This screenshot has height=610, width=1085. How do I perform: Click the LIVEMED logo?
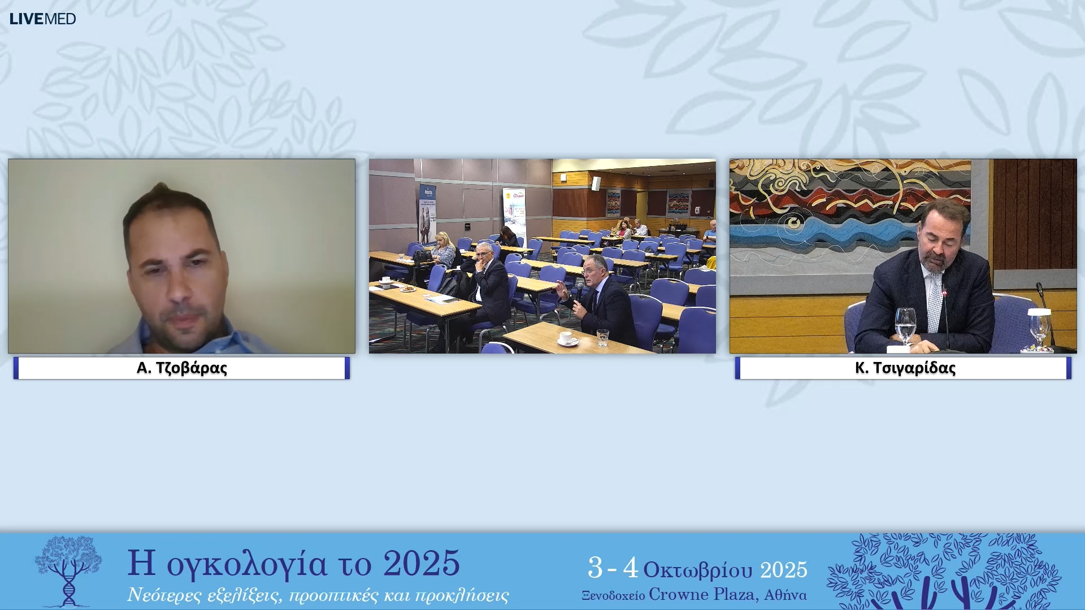[x=42, y=19]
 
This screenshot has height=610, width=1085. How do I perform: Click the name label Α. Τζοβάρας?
[x=181, y=368]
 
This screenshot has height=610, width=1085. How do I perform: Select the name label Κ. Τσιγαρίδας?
[x=905, y=368]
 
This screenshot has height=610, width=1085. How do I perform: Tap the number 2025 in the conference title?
[x=421, y=564]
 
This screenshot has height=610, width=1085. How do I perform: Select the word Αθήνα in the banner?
[x=785, y=595]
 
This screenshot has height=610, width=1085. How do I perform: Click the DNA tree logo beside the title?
[x=68, y=570]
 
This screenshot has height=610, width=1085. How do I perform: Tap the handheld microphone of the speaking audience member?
[x=579, y=293]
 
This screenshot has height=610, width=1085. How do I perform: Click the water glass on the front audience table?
[x=602, y=337]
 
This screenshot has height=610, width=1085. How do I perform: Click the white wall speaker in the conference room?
[x=596, y=183]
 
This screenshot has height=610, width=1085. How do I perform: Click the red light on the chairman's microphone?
[x=944, y=293]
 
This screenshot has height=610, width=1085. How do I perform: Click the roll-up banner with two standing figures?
[x=427, y=213]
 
